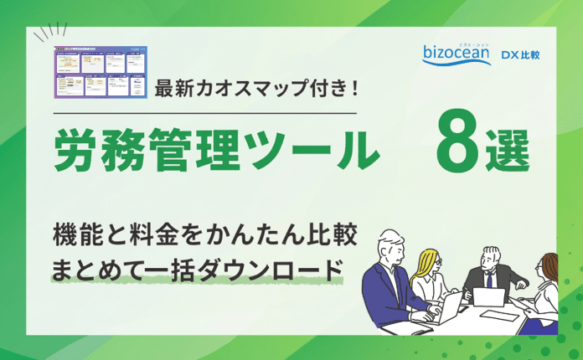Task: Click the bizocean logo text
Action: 459,56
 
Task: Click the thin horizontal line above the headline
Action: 205,112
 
